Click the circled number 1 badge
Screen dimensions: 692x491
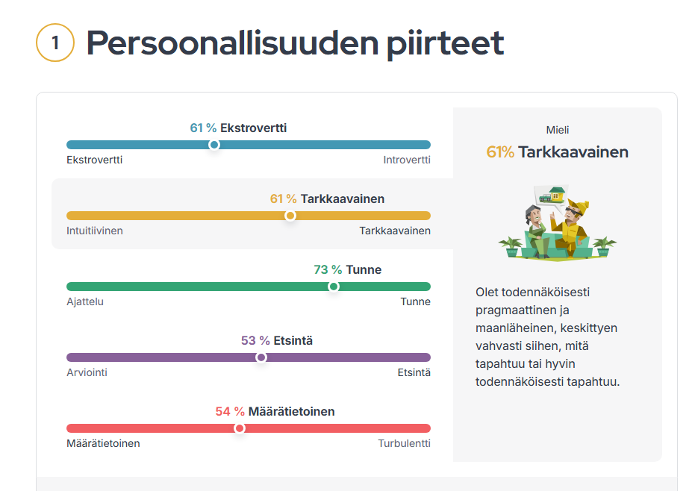[55, 43]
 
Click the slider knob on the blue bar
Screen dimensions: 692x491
[214, 145]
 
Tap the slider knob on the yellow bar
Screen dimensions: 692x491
[290, 216]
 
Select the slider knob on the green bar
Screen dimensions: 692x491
[334, 287]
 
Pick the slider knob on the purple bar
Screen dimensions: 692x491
[261, 357]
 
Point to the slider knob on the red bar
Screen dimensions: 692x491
[240, 428]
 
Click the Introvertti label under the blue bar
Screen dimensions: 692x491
[406, 160]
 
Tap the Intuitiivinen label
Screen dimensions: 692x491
[95, 231]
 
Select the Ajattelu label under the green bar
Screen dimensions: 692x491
[85, 301]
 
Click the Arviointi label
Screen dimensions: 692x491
[87, 372]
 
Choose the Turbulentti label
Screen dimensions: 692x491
[405, 443]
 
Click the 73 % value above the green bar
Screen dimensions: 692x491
[328, 269]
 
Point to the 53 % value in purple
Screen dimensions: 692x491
[255, 340]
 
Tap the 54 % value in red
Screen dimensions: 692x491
[230, 412]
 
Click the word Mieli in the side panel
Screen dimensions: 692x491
[558, 130]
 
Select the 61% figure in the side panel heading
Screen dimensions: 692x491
[500, 152]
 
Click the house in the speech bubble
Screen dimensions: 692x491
[558, 193]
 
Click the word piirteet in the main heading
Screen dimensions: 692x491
[446, 44]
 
